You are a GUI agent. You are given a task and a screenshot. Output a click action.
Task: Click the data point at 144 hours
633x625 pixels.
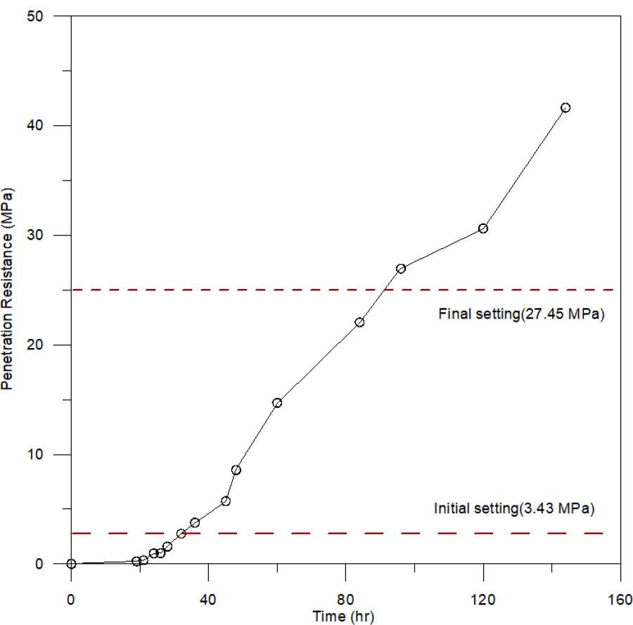(x=565, y=108)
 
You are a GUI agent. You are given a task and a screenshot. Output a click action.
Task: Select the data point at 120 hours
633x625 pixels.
(x=483, y=228)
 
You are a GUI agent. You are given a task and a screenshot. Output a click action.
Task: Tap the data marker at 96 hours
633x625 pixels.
(x=401, y=269)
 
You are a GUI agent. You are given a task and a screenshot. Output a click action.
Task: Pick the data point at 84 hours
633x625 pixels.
(x=359, y=322)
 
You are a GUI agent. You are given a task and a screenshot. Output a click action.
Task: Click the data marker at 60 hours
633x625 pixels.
(x=277, y=403)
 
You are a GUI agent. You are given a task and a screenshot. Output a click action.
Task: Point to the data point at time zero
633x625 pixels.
(x=71, y=563)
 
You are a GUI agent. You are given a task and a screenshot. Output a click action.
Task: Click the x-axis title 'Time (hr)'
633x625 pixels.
(x=345, y=617)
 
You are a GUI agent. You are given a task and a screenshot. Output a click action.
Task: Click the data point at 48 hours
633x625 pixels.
(x=236, y=470)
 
